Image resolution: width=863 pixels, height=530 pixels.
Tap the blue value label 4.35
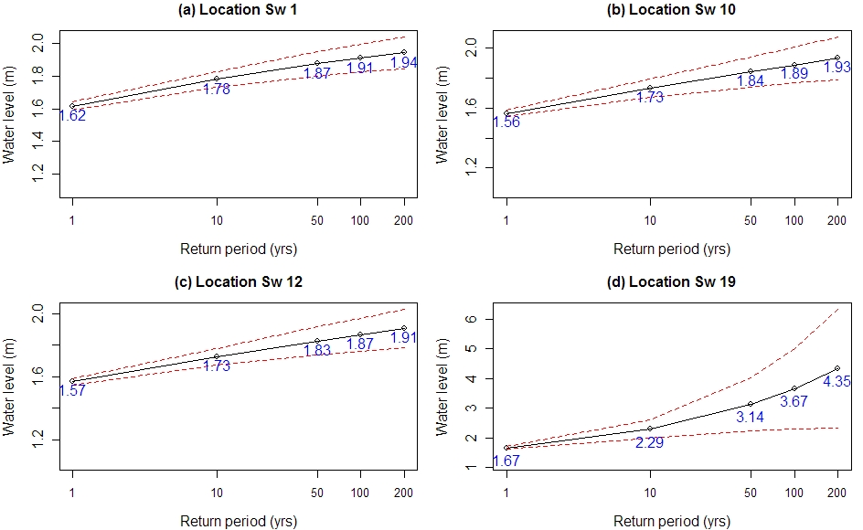(x=836, y=382)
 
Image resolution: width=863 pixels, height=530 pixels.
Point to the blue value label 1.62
(x=71, y=116)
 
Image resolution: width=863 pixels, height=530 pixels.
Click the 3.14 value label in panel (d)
(x=750, y=417)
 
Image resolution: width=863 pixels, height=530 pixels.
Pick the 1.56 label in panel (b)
(x=506, y=122)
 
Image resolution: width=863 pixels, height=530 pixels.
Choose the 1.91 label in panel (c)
(x=405, y=337)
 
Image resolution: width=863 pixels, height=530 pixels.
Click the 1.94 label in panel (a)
(x=405, y=63)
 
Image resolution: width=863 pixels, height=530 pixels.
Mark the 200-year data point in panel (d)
(x=837, y=368)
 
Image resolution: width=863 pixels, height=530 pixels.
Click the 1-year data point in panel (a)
(x=72, y=106)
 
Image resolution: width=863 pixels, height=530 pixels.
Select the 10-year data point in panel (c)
(x=217, y=356)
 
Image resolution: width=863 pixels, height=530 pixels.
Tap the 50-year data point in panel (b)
(x=751, y=71)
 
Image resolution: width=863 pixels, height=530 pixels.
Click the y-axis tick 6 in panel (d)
(x=473, y=319)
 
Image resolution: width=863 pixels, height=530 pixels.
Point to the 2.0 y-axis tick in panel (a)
(x=38, y=43)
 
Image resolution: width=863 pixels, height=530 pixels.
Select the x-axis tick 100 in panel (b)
(x=794, y=220)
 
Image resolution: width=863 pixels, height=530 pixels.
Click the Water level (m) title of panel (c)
(x=10, y=377)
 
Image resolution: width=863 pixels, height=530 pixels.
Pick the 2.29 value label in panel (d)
(x=650, y=442)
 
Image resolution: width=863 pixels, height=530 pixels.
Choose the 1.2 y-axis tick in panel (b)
(x=473, y=168)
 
